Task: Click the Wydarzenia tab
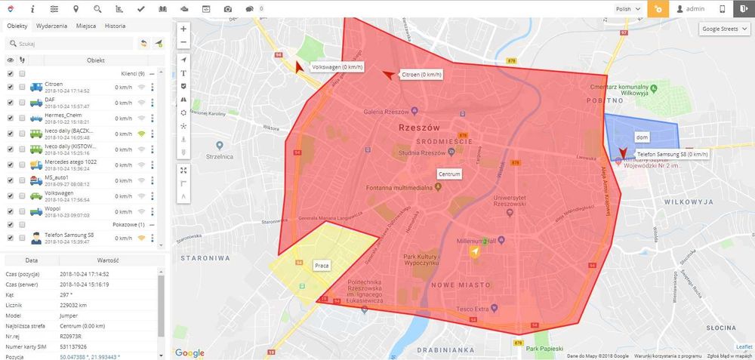pos(51,26)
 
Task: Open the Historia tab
pos(115,26)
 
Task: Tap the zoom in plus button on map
pos(183,29)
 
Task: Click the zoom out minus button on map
pos(183,42)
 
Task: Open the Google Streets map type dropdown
pos(724,29)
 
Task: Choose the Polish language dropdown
pos(629,8)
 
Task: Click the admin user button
pos(691,8)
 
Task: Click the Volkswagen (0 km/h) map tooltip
pos(337,67)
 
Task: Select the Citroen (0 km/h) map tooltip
pos(421,75)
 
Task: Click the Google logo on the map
pos(190,352)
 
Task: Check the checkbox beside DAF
pos(10,100)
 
